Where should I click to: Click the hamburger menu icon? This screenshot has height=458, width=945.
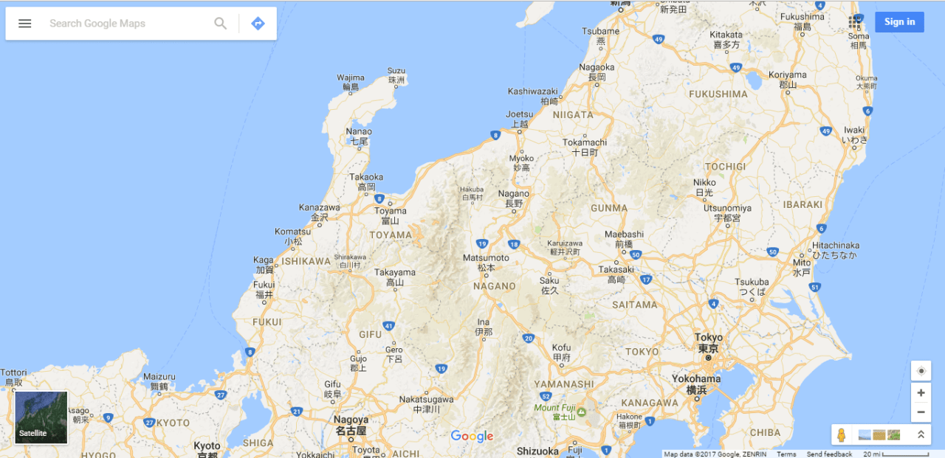pyautogui.click(x=25, y=24)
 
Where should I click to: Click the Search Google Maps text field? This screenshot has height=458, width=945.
pyautogui.click(x=126, y=24)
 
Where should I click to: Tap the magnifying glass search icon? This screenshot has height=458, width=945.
pyautogui.click(x=221, y=24)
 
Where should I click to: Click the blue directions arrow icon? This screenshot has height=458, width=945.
pyautogui.click(x=258, y=24)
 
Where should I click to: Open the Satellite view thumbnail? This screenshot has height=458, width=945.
pyautogui.click(x=41, y=417)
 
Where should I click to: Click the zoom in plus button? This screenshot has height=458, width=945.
pyautogui.click(x=921, y=393)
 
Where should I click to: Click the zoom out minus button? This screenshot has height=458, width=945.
pyautogui.click(x=921, y=412)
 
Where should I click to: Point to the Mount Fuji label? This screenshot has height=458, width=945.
pyautogui.click(x=554, y=408)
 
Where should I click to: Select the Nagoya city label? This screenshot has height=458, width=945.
pyautogui.click(x=351, y=420)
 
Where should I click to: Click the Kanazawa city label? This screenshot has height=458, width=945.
pyautogui.click(x=319, y=208)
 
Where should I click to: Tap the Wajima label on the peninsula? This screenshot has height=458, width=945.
pyautogui.click(x=351, y=77)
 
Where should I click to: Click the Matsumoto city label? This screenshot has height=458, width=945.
pyautogui.click(x=486, y=258)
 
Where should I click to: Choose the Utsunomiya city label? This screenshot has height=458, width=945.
pyautogui.click(x=727, y=208)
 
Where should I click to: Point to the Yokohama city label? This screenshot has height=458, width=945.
pyautogui.click(x=696, y=378)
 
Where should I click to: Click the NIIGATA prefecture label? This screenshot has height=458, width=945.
pyautogui.click(x=572, y=115)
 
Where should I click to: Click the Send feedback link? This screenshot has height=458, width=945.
pyautogui.click(x=829, y=454)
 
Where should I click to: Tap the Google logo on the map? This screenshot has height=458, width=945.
pyautogui.click(x=472, y=436)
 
